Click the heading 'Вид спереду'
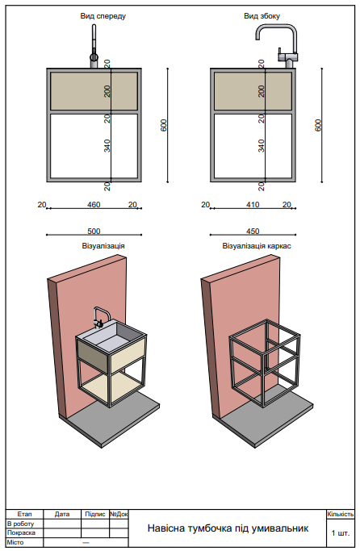[x=103, y=16]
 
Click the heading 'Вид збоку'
[x=257, y=16]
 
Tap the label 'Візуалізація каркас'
[x=257, y=245]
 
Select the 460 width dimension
[x=94, y=205]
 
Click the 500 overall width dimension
[x=94, y=231]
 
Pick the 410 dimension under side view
[x=252, y=205]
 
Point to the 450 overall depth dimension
[x=252, y=231]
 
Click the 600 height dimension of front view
[x=164, y=125]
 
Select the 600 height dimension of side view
[x=318, y=125]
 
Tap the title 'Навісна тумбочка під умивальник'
[x=228, y=528]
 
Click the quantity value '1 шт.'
[x=340, y=533]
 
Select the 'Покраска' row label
[x=21, y=532]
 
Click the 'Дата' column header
[x=62, y=514]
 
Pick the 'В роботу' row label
[x=21, y=524]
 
